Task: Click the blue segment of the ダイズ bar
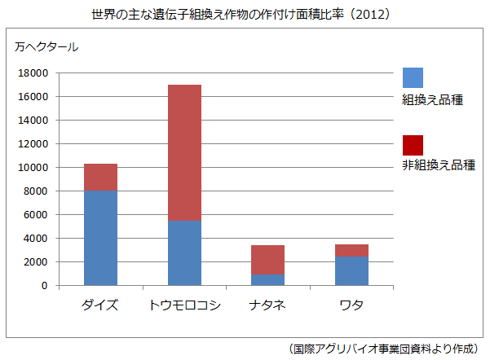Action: (101, 238)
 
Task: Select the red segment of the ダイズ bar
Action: (101, 177)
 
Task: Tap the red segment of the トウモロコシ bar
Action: (184, 153)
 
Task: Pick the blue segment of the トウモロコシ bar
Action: (184, 253)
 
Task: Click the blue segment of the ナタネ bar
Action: (267, 280)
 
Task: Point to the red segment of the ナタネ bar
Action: (267, 260)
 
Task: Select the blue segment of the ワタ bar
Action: (351, 271)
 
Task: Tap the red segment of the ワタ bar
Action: (351, 251)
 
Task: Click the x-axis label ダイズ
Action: (101, 305)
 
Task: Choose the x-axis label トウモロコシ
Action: (184, 305)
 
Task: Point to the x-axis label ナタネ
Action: (267, 305)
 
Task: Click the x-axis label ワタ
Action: (351, 305)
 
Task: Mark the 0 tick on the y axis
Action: (46, 286)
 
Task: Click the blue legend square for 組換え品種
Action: (413, 77)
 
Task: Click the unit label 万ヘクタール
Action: (46, 46)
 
